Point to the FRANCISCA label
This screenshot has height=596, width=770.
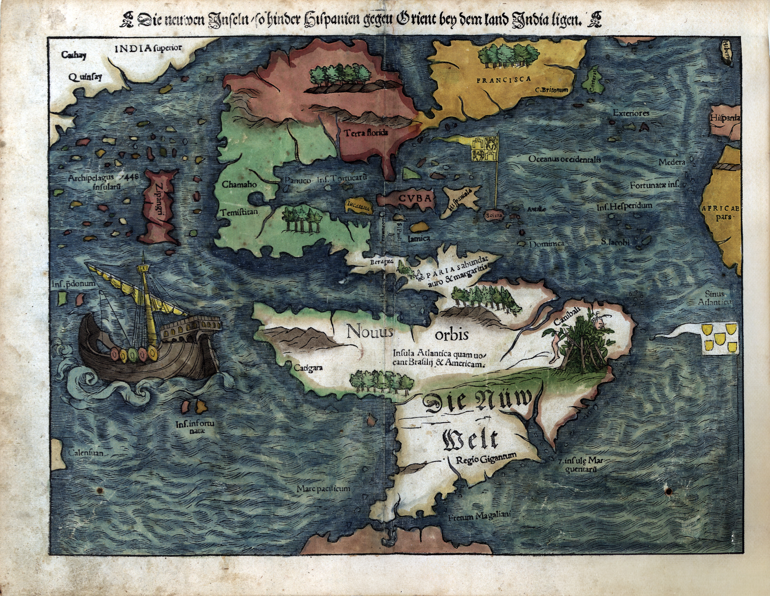coord(503,80)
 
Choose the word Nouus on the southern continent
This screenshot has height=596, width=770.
coord(369,331)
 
